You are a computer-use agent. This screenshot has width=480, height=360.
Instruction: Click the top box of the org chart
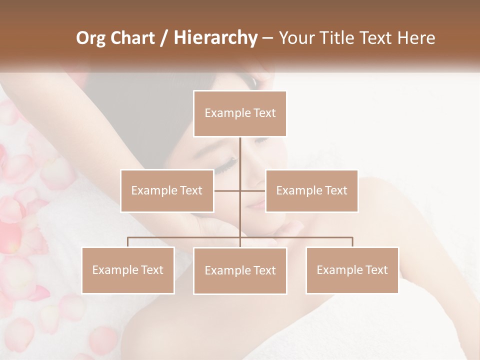(240, 113)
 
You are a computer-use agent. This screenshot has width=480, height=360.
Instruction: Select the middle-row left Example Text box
(167, 190)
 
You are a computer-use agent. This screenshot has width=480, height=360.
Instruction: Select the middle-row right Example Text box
(311, 190)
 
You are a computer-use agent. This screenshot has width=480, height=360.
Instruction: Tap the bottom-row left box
(128, 270)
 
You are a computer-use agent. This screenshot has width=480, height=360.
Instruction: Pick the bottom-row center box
(240, 270)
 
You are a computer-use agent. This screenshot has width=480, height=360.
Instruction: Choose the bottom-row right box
(352, 270)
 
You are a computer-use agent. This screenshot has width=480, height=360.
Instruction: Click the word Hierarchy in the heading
(215, 38)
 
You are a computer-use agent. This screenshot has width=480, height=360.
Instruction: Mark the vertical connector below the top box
(240, 155)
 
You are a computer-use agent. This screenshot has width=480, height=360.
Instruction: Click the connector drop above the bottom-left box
(128, 242)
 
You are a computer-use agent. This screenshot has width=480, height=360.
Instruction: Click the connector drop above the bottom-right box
(352, 242)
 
